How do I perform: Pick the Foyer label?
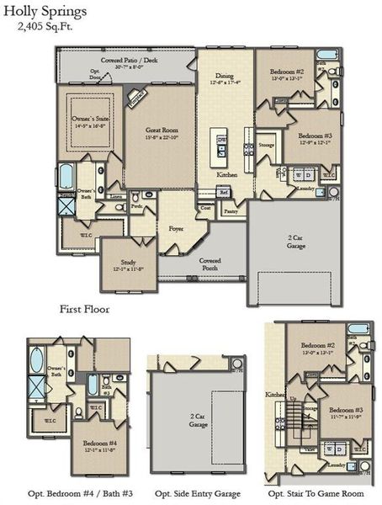click(176, 228)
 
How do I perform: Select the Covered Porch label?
click(210, 264)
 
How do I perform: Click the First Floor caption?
click(84, 309)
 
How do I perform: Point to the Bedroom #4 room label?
click(99, 446)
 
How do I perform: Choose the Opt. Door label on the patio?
click(94, 73)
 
